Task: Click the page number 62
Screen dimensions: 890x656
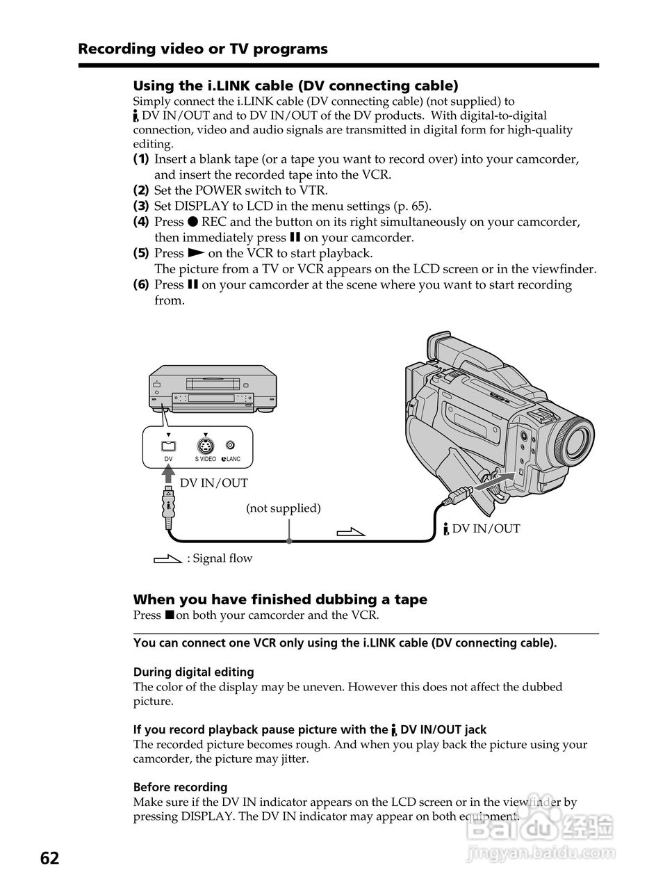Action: tap(49, 858)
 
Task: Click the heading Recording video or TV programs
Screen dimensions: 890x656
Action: tap(202, 49)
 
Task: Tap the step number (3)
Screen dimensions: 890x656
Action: tap(141, 206)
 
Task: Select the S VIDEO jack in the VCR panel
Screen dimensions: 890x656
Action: tap(205, 446)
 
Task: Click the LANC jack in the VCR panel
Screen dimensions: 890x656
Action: tap(230, 446)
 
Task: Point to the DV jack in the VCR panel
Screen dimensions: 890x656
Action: tap(168, 446)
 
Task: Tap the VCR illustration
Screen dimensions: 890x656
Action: tap(213, 389)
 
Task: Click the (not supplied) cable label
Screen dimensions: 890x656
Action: tap(283, 508)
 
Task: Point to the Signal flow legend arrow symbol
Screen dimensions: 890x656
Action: tap(167, 558)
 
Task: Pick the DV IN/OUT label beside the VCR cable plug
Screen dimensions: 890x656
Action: tap(214, 483)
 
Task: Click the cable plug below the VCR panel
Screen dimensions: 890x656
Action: tap(168, 505)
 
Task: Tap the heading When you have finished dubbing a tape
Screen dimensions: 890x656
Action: tap(280, 599)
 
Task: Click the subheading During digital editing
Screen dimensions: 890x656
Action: tap(193, 672)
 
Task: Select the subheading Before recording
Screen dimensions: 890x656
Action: tap(180, 787)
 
